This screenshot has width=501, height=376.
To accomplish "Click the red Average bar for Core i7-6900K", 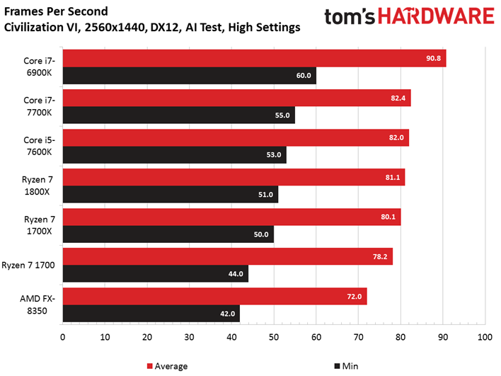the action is click(254, 58).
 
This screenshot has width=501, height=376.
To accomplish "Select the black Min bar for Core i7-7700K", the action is click(179, 115).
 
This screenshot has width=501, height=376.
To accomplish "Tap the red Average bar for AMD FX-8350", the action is click(214, 297).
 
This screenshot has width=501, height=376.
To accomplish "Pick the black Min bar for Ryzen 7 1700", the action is click(156, 274).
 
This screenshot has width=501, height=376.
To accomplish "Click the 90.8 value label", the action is click(433, 58).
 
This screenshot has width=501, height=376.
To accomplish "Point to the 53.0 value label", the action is click(274, 155).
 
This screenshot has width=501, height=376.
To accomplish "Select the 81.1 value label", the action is click(393, 178).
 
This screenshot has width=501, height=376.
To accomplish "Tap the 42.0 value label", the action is click(227, 314).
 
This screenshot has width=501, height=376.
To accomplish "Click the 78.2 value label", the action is click(380, 257).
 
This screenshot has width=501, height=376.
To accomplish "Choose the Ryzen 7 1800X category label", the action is click(37, 186).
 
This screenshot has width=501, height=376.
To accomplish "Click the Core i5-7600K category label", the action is click(39, 146).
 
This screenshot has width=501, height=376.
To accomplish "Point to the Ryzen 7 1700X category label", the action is click(40, 225).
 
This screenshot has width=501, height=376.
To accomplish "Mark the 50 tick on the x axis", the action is click(274, 337).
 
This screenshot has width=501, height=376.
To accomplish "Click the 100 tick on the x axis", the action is click(485, 337).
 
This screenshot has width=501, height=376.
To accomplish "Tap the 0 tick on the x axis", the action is click(62, 337).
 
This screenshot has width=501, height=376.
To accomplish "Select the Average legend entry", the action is click(167, 366).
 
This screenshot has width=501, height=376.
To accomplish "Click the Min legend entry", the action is click(346, 366).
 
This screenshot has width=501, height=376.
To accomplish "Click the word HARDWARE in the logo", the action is click(436, 16).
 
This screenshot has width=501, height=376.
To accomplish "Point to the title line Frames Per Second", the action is click(56, 11).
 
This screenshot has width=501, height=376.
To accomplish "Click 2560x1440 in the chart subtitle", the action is click(115, 27).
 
